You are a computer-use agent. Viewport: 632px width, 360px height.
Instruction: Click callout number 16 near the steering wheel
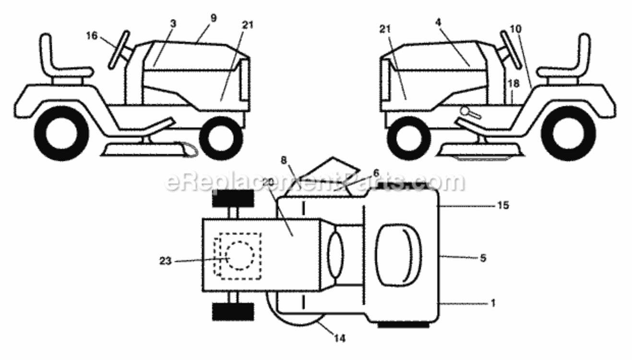tap(92, 36)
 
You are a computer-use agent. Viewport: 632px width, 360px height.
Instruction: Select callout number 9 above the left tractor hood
tap(214, 18)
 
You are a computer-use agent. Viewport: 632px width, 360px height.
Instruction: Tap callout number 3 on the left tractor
tap(173, 24)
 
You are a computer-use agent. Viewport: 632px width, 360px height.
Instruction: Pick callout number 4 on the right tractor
tap(438, 23)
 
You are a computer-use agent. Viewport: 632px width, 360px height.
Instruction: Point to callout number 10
tap(516, 29)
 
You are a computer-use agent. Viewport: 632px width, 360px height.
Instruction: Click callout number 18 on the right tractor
tap(513, 84)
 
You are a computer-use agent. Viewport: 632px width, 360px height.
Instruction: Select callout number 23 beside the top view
tap(166, 261)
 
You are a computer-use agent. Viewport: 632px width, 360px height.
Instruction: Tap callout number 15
tap(503, 205)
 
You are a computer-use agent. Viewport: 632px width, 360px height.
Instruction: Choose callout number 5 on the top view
tap(483, 258)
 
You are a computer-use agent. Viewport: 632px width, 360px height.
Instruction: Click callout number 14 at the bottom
tap(340, 338)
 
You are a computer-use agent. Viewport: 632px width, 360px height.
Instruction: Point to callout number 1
tap(493, 303)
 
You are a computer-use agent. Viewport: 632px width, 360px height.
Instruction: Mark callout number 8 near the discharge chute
tap(284, 160)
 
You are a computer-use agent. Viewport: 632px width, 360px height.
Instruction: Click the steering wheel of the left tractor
tap(119, 49)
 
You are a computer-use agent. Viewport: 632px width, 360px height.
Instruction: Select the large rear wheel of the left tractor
tap(61, 133)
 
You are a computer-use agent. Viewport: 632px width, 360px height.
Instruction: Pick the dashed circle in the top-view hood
tap(240, 256)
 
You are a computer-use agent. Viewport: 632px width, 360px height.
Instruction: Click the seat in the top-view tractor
tap(399, 255)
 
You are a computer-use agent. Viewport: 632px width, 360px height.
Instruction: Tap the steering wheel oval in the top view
tap(335, 255)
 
